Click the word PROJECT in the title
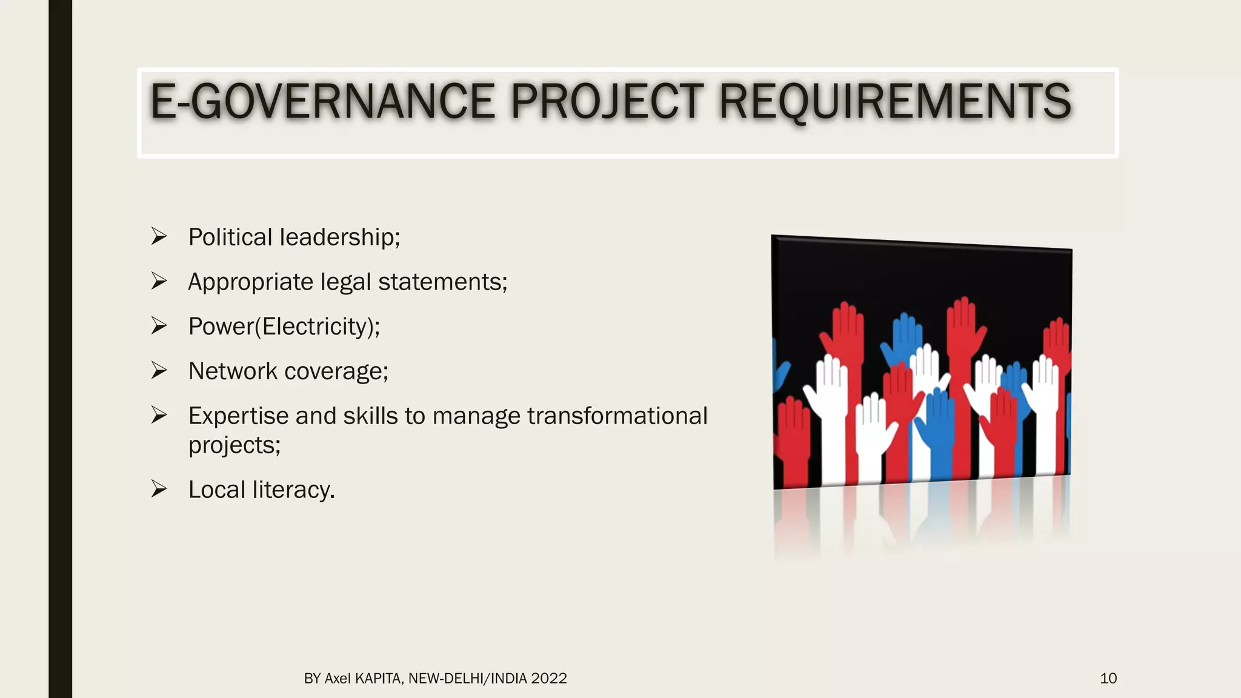coord(606,101)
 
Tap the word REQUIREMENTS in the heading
coord(894,101)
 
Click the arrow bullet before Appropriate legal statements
coord(159,281)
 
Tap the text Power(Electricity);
coord(284,327)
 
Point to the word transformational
coord(617,416)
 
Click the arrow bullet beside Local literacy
coord(159,489)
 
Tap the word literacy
coord(293,490)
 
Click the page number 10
coord(1108,678)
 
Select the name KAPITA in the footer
coord(378,679)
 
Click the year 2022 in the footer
coord(548,679)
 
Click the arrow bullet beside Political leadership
coord(159,236)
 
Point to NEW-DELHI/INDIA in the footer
coord(467,679)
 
